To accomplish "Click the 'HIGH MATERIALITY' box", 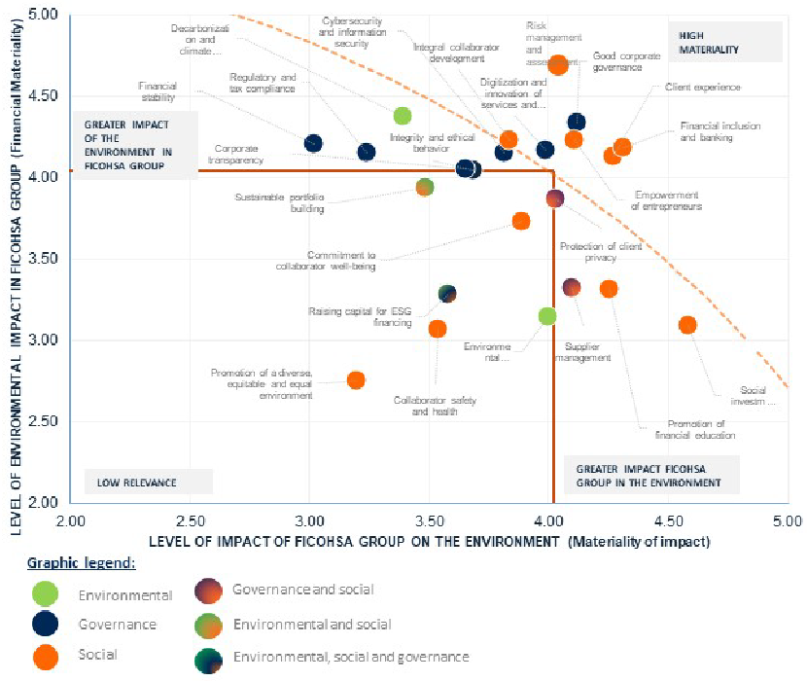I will [x=724, y=41].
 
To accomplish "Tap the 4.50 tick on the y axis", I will [x=43, y=95].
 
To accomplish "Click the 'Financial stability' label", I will [x=157, y=91].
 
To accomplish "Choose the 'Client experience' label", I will [x=703, y=88].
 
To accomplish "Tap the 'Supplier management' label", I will [x=582, y=351].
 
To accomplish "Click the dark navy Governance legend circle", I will [x=45, y=625].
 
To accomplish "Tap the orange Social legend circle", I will [x=45, y=656].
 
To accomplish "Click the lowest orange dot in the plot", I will [x=356, y=379].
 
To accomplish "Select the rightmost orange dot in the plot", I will [x=687, y=325].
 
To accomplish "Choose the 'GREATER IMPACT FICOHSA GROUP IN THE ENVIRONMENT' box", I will [x=649, y=475].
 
